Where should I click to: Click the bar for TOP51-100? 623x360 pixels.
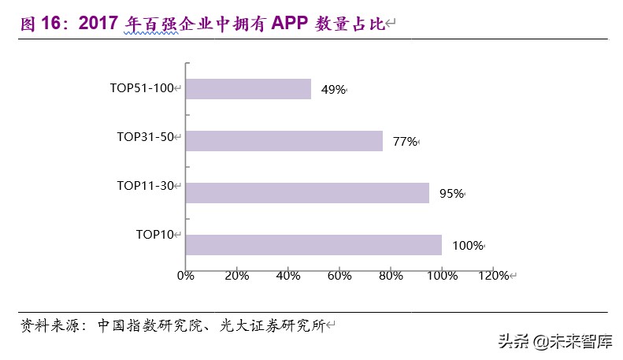coord(248,89)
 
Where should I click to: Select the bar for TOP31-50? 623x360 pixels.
coord(284,141)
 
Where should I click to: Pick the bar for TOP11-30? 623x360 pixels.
coord(307,193)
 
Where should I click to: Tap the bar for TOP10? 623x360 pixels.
coord(313,245)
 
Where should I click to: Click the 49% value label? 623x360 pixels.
coord(332,90)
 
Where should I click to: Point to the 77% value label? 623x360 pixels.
coord(404,142)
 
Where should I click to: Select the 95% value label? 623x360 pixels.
coord(451,194)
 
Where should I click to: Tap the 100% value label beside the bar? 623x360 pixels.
coord(467,246)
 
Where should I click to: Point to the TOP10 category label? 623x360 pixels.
coord(154,234)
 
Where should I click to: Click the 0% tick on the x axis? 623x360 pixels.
coord(185,275)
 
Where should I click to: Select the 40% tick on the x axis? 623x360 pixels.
coord(287,275)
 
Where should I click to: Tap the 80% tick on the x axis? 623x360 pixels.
coord(390,275)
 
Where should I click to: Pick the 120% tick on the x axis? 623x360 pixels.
coord(493,275)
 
